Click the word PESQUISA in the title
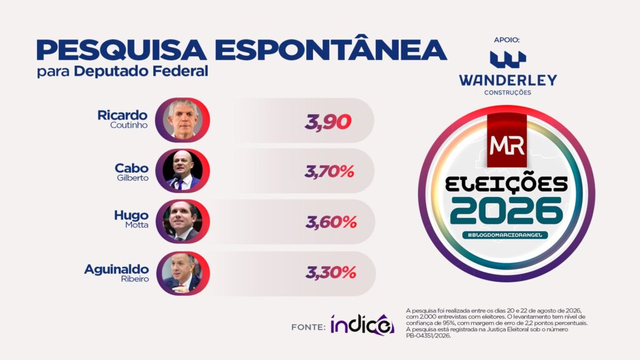click(x=122, y=51)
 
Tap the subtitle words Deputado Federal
click(x=141, y=71)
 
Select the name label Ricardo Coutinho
click(x=122, y=119)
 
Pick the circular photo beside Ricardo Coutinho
click(x=182, y=120)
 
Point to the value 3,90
click(x=327, y=122)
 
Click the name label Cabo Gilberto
click(x=131, y=172)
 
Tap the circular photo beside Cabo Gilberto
click(x=182, y=171)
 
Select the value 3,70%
click(x=329, y=172)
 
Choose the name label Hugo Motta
click(x=131, y=219)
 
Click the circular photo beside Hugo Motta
click(x=182, y=222)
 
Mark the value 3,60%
click(x=331, y=222)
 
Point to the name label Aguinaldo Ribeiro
click(x=117, y=273)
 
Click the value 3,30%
click(x=331, y=272)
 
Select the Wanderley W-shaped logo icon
click(x=507, y=59)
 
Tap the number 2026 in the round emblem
click(x=506, y=211)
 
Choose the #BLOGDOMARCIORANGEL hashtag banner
click(x=505, y=235)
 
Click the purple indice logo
click(x=362, y=325)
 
